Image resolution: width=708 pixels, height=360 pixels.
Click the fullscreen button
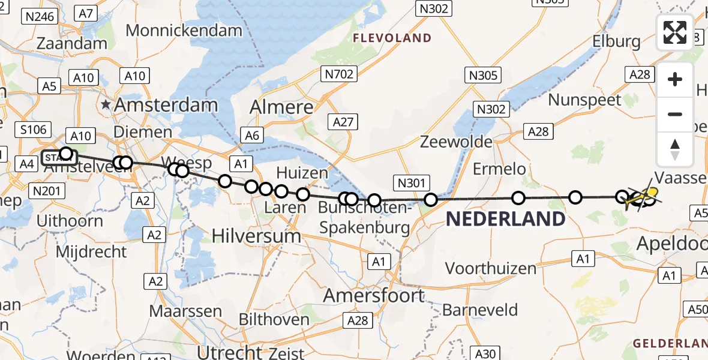click(675, 32)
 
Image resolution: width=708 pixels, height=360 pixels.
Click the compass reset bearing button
click(675, 149)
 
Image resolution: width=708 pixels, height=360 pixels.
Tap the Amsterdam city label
click(166, 105)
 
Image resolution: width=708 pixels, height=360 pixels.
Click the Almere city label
click(281, 107)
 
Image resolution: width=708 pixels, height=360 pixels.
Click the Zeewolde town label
click(457, 142)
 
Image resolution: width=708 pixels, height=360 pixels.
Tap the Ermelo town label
click(499, 169)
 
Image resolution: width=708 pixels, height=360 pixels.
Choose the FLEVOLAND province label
click(392, 38)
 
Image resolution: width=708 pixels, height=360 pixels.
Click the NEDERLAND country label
click(505, 219)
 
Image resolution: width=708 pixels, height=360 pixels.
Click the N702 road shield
click(340, 74)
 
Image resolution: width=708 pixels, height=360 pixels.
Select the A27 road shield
click(344, 122)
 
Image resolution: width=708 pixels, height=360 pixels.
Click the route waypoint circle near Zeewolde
click(430, 200)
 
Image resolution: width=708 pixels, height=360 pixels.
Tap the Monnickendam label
click(184, 30)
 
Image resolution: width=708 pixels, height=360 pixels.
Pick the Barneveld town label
click(480, 310)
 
